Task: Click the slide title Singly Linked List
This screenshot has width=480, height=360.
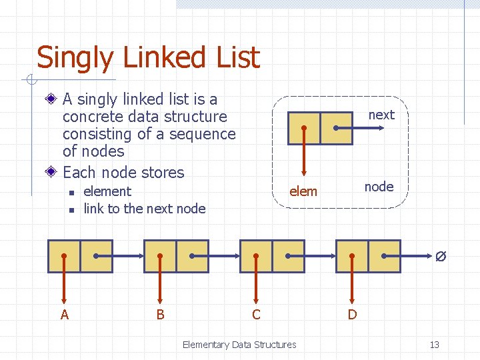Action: (147, 58)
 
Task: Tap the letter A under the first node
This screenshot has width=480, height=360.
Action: (65, 314)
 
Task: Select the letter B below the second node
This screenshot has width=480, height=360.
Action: (160, 314)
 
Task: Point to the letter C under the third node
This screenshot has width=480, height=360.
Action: (256, 314)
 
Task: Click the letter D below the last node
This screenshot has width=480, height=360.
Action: (352, 314)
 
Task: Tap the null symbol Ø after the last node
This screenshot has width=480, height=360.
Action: (441, 256)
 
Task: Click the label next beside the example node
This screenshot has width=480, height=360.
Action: (381, 115)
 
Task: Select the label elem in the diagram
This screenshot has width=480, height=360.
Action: (303, 192)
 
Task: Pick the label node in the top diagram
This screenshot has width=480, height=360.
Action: (379, 187)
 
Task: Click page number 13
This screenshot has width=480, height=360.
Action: (434, 345)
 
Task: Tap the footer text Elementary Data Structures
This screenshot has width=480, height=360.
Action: (239, 345)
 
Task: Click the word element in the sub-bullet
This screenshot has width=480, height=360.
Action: (107, 191)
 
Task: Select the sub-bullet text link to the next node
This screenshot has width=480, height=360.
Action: (144, 209)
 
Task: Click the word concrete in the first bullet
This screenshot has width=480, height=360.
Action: (91, 117)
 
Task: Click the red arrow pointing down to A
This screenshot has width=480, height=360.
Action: (64, 283)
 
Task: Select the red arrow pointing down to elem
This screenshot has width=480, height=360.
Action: (303, 153)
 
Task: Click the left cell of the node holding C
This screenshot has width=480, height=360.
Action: (256, 256)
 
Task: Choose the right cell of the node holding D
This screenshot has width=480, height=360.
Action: (384, 256)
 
